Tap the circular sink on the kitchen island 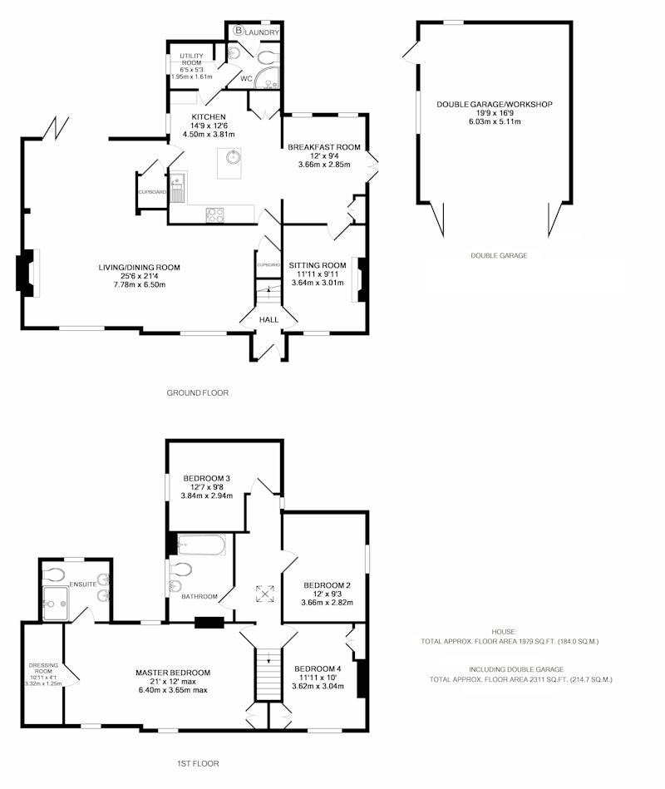click(234, 156)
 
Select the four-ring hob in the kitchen click(215, 215)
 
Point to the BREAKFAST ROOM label click(324, 147)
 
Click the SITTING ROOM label click(318, 265)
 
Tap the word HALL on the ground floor click(268, 319)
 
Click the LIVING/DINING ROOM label click(140, 267)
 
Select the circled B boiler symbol click(239, 31)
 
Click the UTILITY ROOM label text click(192, 59)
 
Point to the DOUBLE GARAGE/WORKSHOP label click(495, 104)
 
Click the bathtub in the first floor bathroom click(202, 545)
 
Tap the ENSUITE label click(83, 584)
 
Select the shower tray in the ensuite click(56, 604)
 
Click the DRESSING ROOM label click(43, 668)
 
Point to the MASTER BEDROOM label click(173, 673)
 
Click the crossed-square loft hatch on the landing click(264, 594)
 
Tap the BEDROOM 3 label click(207, 478)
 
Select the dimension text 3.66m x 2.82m click(327, 602)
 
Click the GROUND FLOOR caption click(198, 392)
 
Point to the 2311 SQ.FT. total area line click(520, 679)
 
